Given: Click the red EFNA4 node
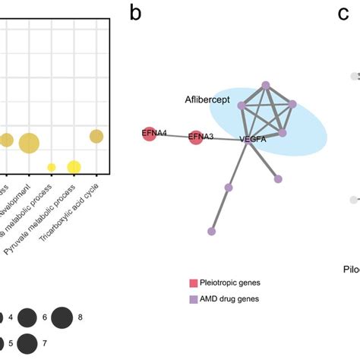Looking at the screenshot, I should tap(149, 134).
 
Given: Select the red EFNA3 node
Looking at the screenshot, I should tap(196, 137).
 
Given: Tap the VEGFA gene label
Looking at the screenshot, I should tap(253, 140).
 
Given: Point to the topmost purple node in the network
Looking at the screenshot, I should tap(265, 85).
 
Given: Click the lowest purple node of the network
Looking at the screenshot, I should tap(212, 231).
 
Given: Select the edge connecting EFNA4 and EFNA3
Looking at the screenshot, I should tap(172, 135).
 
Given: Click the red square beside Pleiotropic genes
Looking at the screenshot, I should tap(193, 283).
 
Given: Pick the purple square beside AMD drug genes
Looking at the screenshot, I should tap(193, 298).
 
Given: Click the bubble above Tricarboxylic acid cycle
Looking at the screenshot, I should tap(96, 136).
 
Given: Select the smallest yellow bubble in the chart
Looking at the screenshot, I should tap(52, 167).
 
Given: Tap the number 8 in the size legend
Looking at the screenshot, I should tap(80, 317).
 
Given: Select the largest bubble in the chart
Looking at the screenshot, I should tap(29, 142).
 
